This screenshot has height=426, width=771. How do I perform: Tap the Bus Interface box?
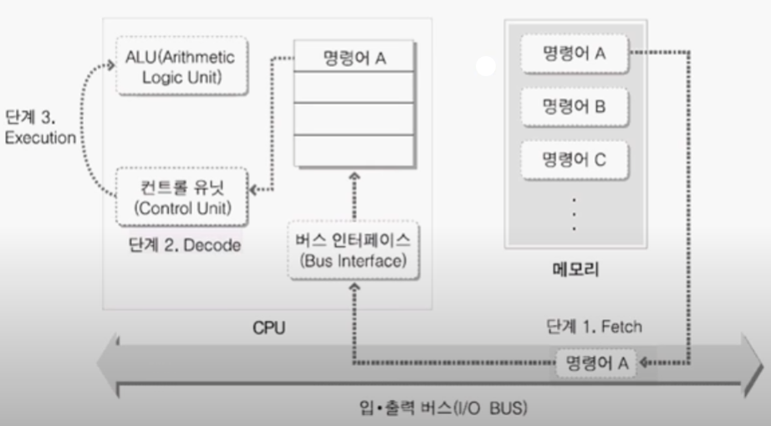(352, 250)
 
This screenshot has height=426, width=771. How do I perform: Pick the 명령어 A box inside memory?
(574, 54)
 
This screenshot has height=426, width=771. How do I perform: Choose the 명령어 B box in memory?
(574, 106)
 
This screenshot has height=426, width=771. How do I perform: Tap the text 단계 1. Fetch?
(595, 326)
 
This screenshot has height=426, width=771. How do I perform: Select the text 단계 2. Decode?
(185, 245)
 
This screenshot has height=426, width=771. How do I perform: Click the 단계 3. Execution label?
(40, 128)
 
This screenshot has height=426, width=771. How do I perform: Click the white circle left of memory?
(486, 67)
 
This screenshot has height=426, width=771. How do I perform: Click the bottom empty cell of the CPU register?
(355, 151)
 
